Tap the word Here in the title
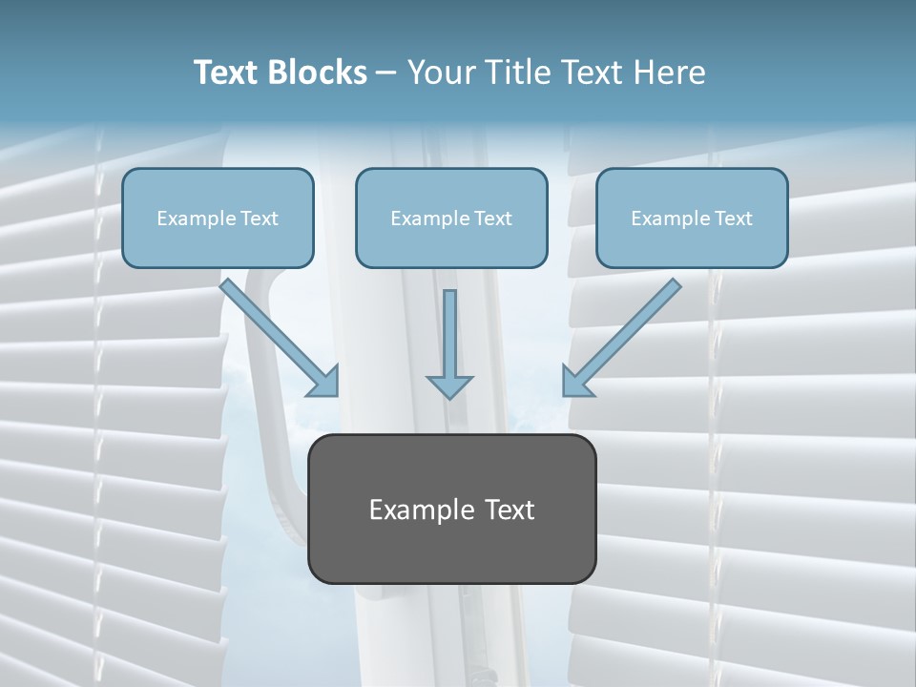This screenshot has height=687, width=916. pyautogui.click(x=669, y=73)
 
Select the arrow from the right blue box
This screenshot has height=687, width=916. pyautogui.click(x=624, y=334)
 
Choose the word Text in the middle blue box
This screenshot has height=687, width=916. pyautogui.click(x=493, y=219)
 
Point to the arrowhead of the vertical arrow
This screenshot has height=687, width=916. pyautogui.click(x=449, y=385)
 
